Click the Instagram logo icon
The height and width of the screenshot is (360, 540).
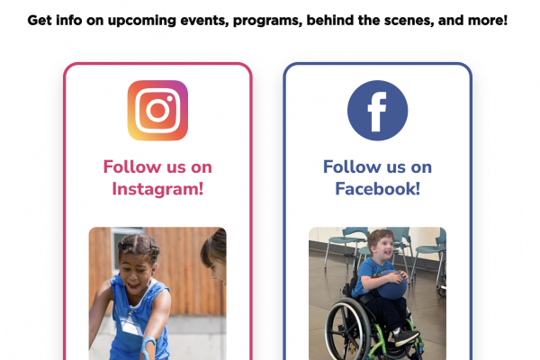157,111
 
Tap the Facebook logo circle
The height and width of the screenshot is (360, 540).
377,111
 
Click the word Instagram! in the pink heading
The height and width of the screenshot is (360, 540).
157,189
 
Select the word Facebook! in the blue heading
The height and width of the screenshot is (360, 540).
377,189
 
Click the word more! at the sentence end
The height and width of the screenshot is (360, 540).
488,21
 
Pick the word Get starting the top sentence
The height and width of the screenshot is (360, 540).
40,21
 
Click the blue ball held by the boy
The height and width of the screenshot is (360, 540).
392,284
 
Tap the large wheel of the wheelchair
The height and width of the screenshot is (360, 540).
347,328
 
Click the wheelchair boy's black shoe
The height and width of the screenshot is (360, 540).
407,337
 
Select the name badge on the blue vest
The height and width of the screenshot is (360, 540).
131,325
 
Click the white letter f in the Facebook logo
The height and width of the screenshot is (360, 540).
377,112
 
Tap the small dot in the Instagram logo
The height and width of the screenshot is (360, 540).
169,98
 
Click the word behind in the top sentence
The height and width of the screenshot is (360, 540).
330,21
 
